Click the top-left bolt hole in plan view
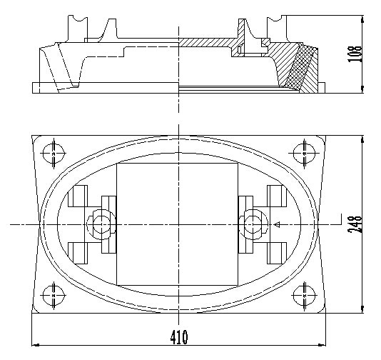click(54, 153)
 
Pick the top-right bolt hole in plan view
click(303, 153)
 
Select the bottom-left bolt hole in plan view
click(54, 293)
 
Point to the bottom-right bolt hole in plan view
click(303, 293)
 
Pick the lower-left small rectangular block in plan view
click(78, 251)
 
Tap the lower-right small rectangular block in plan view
click(276, 251)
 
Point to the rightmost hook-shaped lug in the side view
click(274, 29)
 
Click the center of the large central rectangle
click(176, 224)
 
